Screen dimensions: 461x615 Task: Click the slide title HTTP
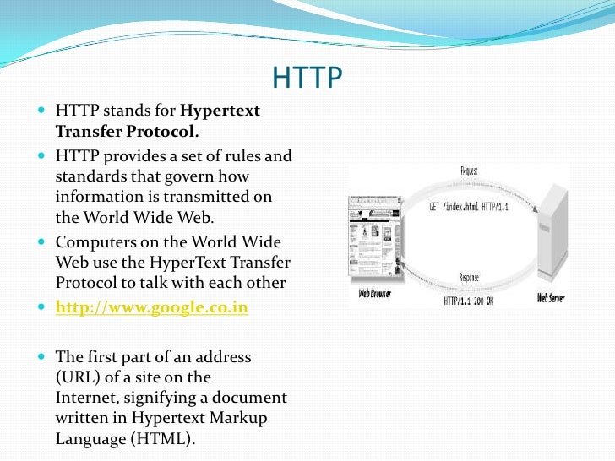(x=307, y=79)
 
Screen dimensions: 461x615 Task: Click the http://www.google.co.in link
(x=151, y=308)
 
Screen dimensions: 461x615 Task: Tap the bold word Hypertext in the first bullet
(x=220, y=111)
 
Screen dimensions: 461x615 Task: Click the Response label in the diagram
(x=471, y=277)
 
